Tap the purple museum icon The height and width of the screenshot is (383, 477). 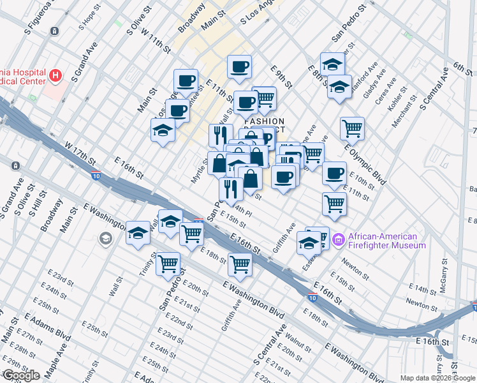[338, 240]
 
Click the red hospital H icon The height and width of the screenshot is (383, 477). [56, 76]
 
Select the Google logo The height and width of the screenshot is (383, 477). [21, 375]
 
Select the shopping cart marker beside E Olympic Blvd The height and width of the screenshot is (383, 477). [352, 128]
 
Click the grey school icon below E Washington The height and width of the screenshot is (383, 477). [105, 239]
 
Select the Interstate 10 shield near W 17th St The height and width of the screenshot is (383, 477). [96, 175]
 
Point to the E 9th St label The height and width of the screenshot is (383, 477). [281, 77]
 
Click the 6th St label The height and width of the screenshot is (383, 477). [462, 66]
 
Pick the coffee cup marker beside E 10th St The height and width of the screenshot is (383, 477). [334, 173]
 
